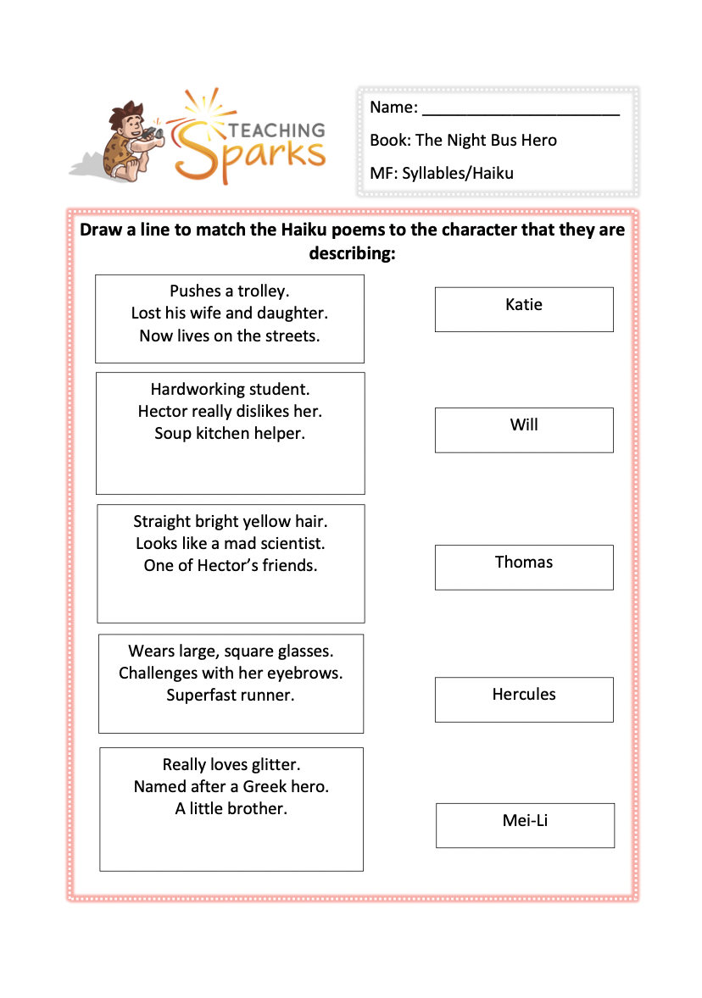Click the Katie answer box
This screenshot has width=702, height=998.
(524, 309)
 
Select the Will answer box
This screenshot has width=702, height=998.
(524, 430)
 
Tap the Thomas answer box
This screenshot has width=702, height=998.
(524, 567)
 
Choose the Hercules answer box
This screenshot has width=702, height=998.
(524, 699)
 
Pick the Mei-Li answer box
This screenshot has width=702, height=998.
(525, 825)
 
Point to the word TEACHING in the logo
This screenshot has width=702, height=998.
(276, 130)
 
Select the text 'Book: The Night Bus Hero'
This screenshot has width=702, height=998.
(463, 140)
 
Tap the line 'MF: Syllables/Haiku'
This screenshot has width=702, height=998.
(442, 174)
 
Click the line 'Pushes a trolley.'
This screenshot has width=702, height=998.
(230, 291)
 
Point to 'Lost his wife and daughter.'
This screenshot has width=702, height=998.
(230, 313)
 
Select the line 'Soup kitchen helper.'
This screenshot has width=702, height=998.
(230, 433)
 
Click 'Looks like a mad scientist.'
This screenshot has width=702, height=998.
(231, 543)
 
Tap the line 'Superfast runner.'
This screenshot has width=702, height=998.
(231, 696)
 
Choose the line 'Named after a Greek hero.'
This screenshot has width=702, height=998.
(231, 786)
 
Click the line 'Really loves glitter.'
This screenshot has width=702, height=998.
(231, 764)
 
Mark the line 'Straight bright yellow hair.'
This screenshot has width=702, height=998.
(231, 521)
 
